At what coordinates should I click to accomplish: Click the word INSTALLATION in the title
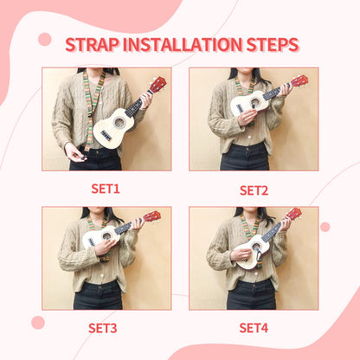click(x=177, y=44)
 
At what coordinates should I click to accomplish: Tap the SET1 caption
click(x=106, y=188)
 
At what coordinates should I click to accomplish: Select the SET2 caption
click(x=254, y=190)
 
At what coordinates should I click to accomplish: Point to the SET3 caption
click(x=106, y=327)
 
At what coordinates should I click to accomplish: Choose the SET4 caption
click(x=254, y=327)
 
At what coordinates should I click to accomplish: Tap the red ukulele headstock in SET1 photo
click(x=157, y=84)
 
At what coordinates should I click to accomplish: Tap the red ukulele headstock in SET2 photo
click(x=299, y=81)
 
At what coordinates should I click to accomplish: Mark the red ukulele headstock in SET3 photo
click(x=151, y=216)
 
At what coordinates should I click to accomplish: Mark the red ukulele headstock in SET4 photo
click(x=294, y=213)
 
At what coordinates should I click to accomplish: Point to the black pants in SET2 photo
click(x=245, y=157)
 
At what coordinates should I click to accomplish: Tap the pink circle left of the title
click(x=44, y=39)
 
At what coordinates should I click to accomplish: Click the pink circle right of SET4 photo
click(x=325, y=227)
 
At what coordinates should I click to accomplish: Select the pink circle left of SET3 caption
click(x=38, y=322)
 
